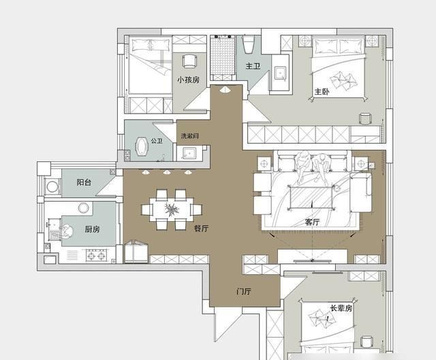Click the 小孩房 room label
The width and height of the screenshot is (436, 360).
(189, 80)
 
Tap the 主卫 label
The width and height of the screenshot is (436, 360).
(253, 66)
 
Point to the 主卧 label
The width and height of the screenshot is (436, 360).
(322, 92)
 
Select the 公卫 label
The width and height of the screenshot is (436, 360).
(157, 141)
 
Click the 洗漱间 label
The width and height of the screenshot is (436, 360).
(190, 136)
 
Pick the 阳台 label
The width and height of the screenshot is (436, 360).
(84, 182)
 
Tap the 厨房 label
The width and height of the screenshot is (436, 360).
(93, 229)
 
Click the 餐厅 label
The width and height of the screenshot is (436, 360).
(201, 229)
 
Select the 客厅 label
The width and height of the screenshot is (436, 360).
(312, 222)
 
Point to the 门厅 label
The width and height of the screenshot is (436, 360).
(244, 291)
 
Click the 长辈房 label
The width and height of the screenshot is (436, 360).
(341, 308)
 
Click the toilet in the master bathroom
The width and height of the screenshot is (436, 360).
(248, 44)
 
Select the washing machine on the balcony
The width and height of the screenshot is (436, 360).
(52, 186)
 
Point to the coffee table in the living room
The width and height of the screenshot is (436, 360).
(311, 197)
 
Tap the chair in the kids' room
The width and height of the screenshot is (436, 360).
(190, 61)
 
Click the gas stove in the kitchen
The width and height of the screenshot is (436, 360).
(97, 255)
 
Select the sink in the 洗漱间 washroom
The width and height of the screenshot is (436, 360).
(189, 153)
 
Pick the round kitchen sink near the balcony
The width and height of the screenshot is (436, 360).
(83, 208)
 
